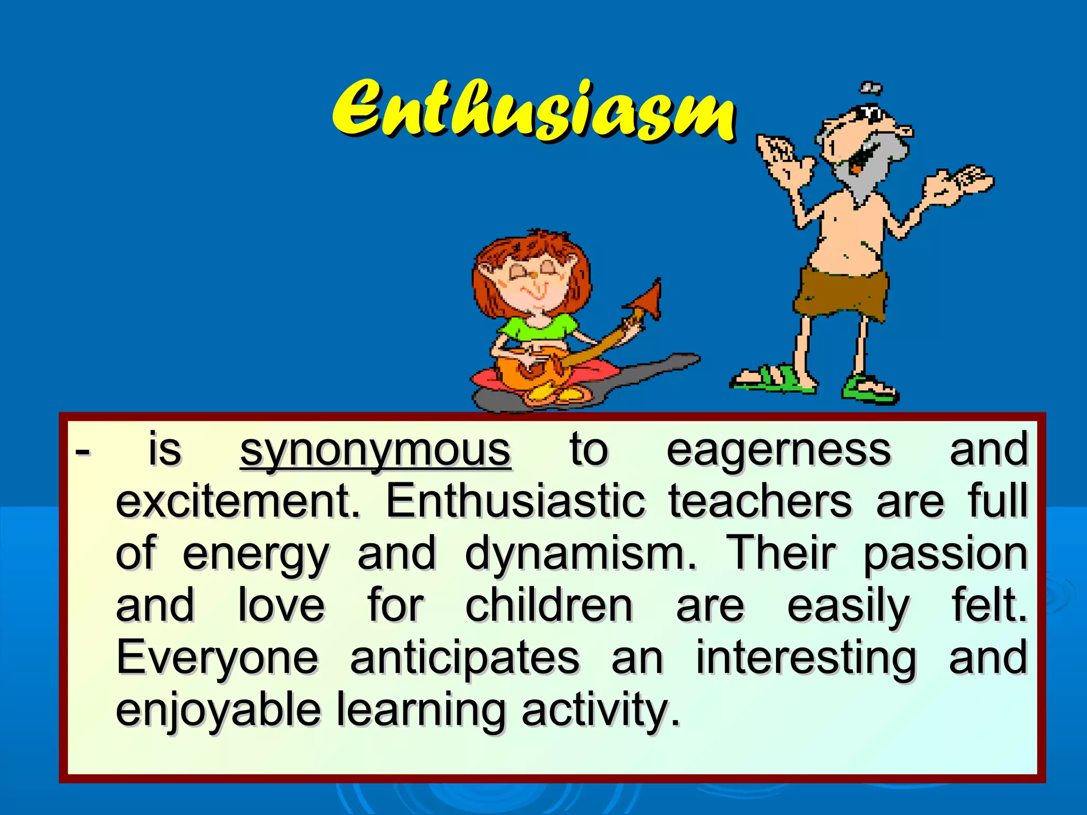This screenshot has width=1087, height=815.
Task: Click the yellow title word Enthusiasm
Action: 533,111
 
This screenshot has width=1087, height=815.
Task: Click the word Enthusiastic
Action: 515,501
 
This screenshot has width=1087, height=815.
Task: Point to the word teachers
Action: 760,501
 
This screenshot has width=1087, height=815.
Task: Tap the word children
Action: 549,606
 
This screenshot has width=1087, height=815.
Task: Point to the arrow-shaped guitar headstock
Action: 648,300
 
